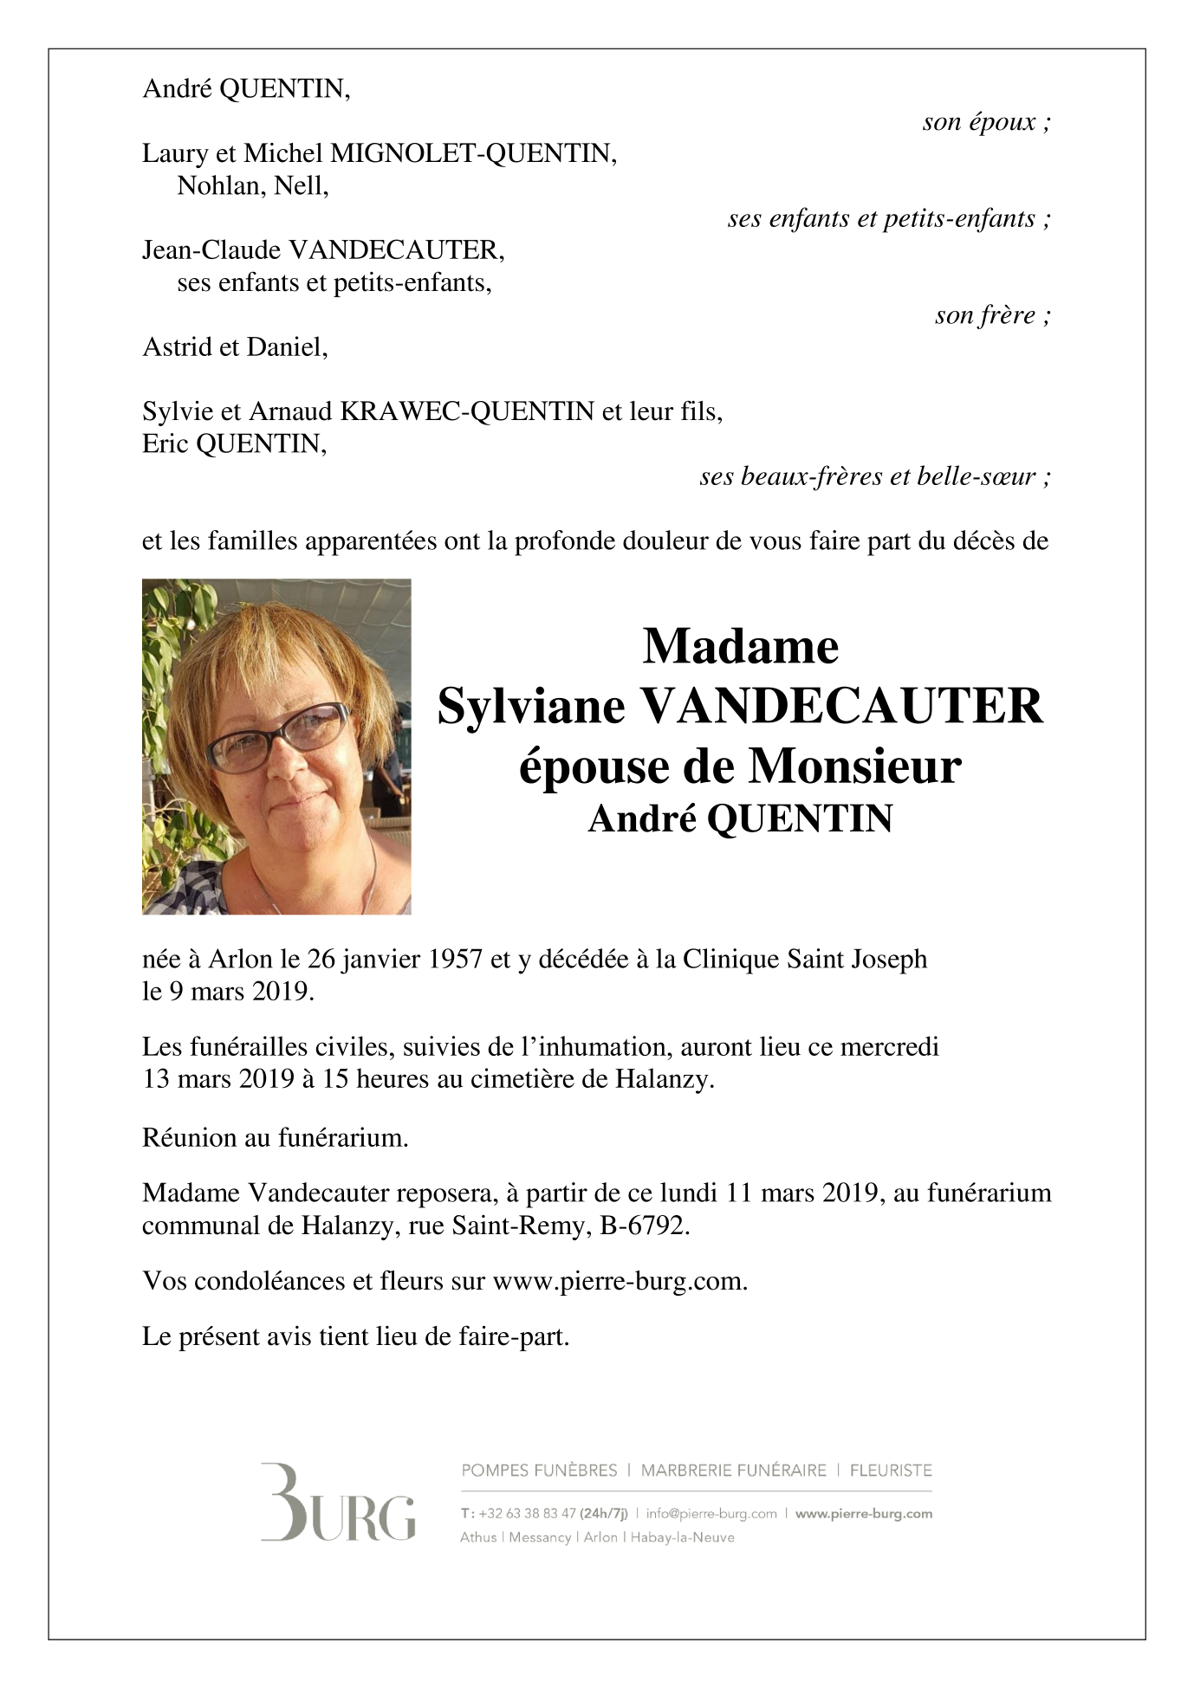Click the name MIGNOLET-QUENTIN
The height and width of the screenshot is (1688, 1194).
tap(473, 154)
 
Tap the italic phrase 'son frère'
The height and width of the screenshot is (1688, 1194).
tap(985, 315)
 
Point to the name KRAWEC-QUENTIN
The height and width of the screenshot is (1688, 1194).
tap(467, 411)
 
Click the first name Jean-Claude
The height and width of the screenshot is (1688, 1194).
tap(211, 251)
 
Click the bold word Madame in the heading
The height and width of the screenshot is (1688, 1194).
tap(740, 646)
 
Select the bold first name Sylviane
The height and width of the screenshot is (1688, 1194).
tap(531, 707)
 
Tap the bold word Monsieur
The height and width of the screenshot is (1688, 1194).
tap(855, 766)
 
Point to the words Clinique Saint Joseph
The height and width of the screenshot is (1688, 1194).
tap(805, 960)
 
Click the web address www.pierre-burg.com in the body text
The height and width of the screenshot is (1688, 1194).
tap(619, 1282)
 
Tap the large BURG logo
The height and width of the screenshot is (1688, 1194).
tap(338, 1503)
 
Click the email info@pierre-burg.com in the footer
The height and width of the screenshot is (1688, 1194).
tap(711, 1514)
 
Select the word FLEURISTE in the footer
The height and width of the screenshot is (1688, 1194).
tap(891, 1471)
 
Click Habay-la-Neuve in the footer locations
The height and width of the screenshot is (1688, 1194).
tap(682, 1537)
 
